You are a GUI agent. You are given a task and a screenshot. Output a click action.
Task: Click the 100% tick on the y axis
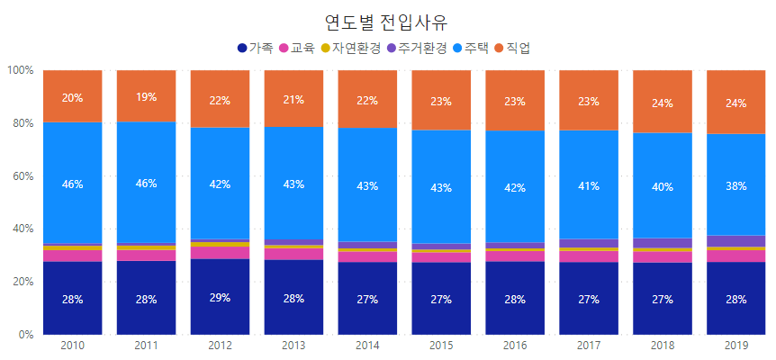[20, 70]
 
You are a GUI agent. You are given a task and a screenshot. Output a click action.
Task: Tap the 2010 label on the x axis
[72, 345]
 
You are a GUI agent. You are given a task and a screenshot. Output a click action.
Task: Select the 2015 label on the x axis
[441, 345]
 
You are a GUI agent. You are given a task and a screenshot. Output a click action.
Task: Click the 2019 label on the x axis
[735, 345]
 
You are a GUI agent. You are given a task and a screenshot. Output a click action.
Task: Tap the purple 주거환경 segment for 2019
[735, 240]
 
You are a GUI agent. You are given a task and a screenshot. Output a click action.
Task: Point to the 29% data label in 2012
[220, 298]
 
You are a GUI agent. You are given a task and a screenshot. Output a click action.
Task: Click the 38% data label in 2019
[735, 185]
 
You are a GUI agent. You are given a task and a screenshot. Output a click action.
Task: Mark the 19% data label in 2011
[146, 97]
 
